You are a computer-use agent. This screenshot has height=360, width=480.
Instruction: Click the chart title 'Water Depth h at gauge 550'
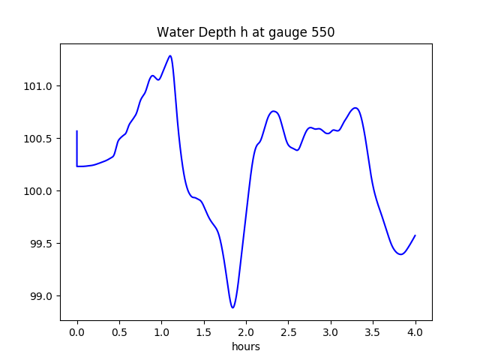(x=245, y=32)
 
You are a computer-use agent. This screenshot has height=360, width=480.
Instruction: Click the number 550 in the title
(x=323, y=32)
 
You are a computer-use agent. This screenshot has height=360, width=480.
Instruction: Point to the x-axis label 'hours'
(x=246, y=347)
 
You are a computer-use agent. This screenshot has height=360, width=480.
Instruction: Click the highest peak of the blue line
(x=170, y=55)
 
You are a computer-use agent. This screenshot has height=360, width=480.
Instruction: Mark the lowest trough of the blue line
(x=232, y=307)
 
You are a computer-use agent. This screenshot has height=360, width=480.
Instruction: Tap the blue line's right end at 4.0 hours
(x=415, y=235)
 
